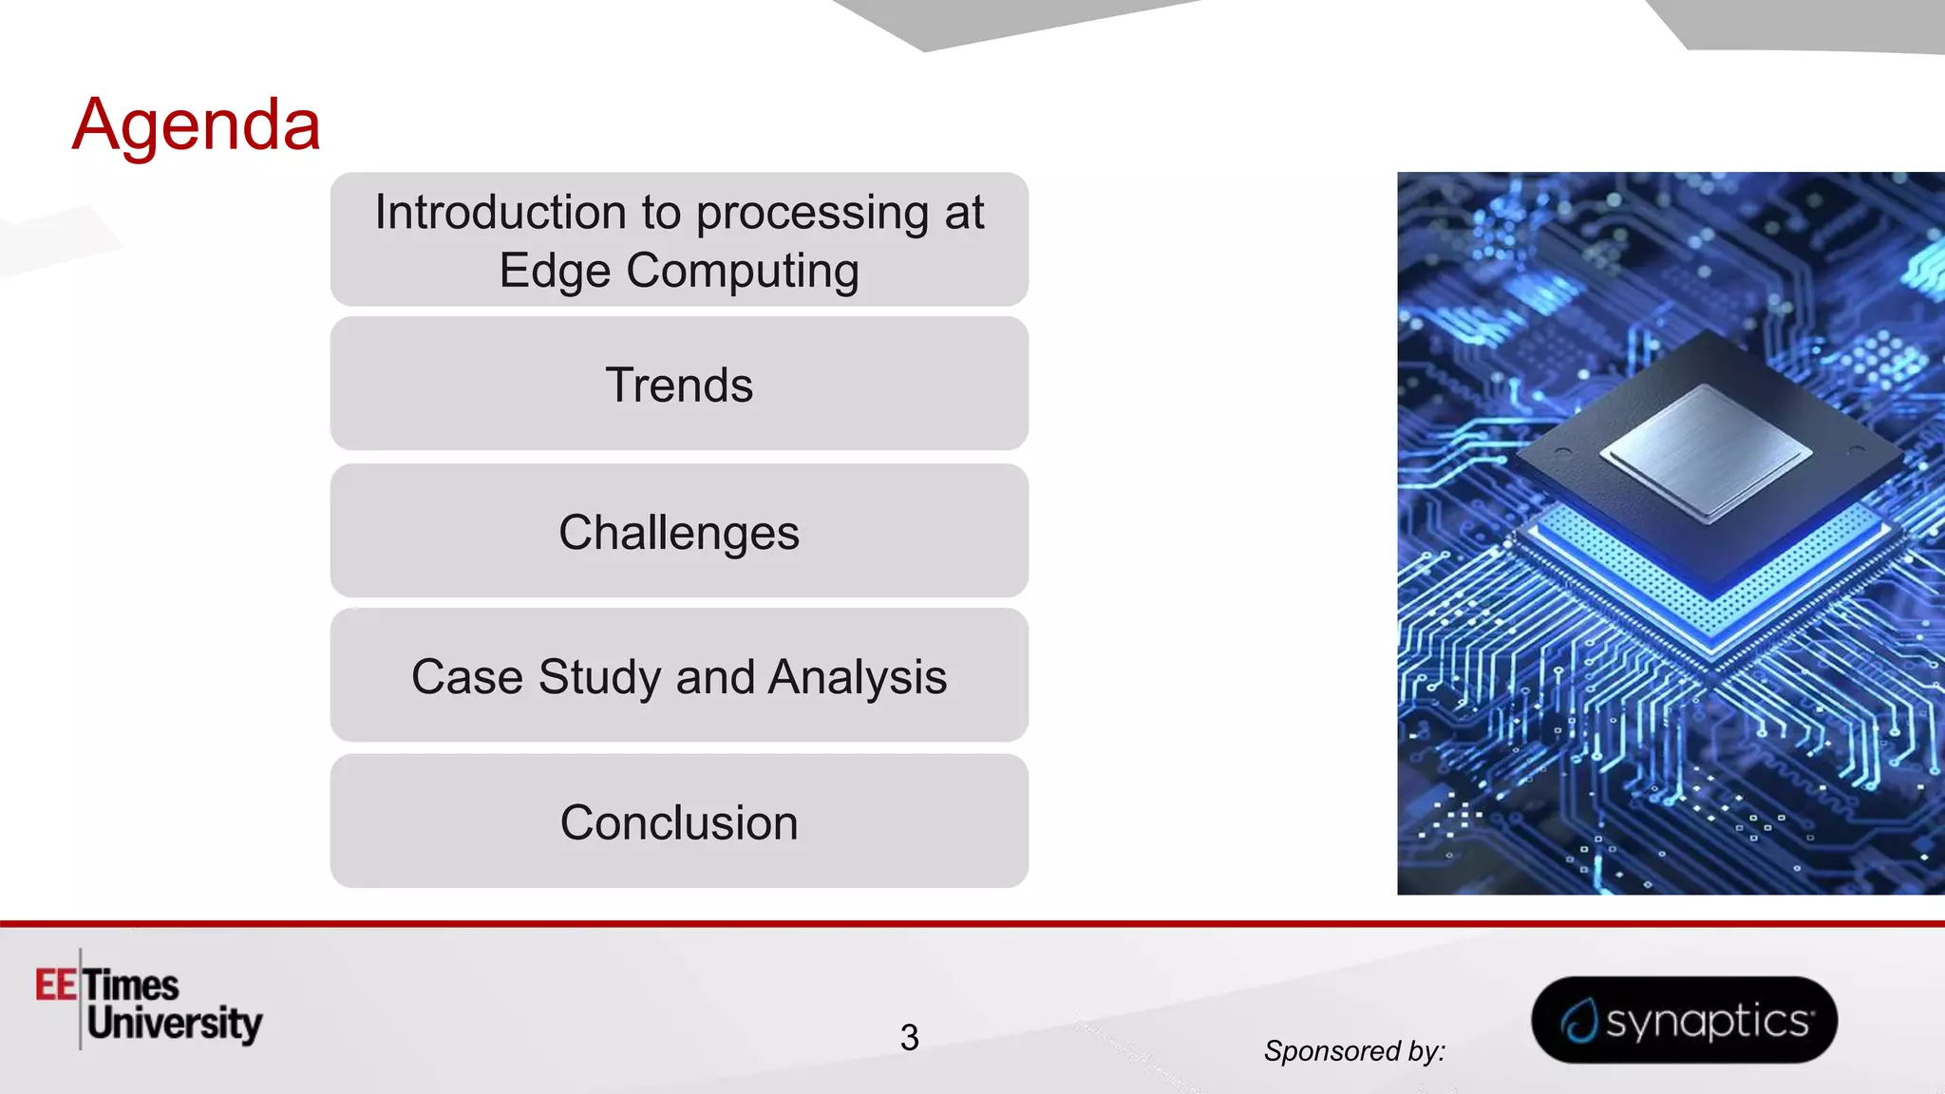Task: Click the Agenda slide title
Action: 197,124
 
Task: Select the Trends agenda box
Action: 679,385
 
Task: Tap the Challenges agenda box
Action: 679,532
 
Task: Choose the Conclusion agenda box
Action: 679,822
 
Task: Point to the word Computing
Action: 743,272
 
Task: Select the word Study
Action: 599,677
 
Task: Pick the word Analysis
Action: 857,677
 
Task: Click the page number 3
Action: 909,1037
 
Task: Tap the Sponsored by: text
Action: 1354,1051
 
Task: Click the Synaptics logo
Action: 1684,1020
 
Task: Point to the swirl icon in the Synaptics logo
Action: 1578,1022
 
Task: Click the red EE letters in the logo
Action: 56,985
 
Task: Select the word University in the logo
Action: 175,1024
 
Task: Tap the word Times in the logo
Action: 131,985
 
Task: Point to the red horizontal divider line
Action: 972,922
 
